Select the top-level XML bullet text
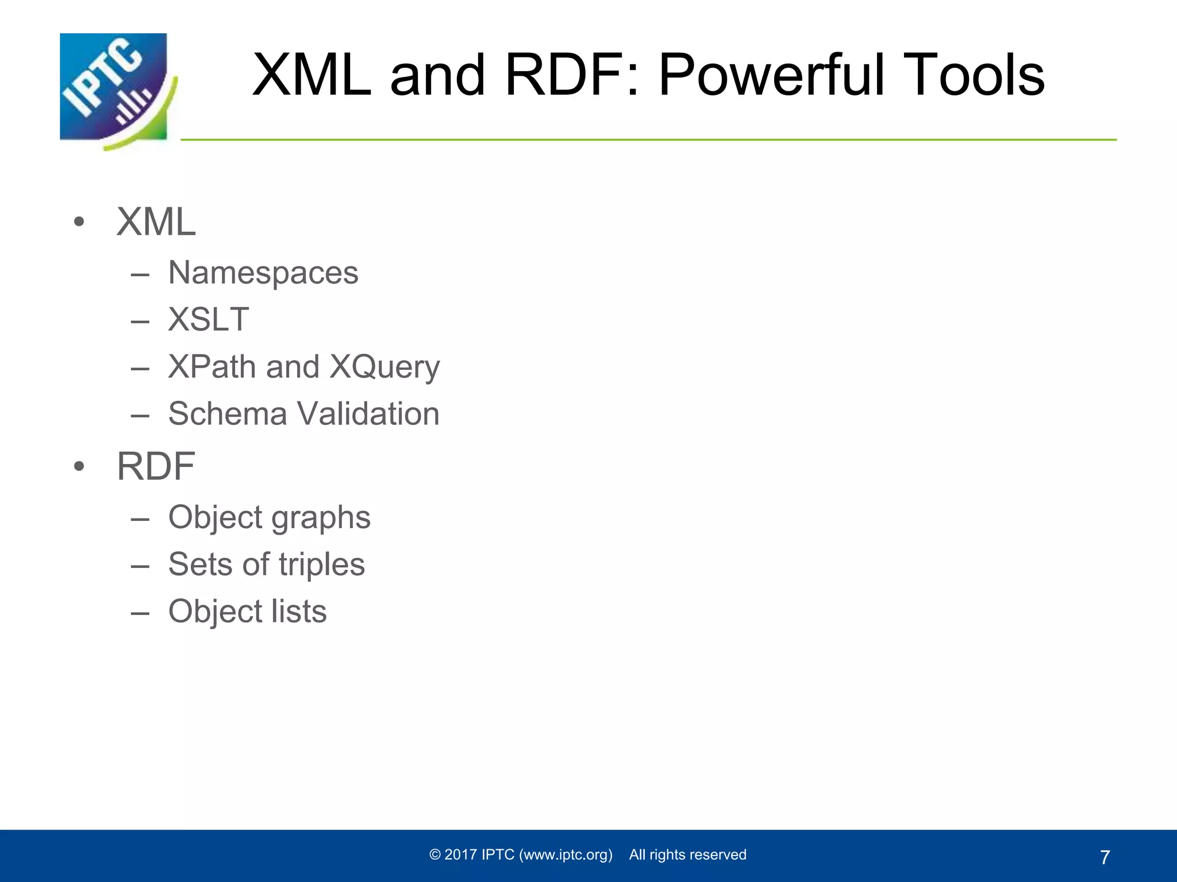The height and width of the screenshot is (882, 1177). tap(156, 222)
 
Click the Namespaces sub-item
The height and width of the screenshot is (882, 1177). tap(263, 273)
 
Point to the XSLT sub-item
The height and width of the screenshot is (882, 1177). tap(209, 319)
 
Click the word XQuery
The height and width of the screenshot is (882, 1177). tap(384, 367)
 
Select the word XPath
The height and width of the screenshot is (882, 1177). tap(211, 366)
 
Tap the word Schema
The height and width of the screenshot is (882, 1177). tap(227, 413)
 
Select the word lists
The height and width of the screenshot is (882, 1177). tap(298, 611)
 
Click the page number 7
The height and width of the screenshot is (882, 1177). tap(1104, 857)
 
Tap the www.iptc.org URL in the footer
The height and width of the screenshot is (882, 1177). tap(566, 854)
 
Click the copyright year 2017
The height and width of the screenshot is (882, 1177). tap(461, 854)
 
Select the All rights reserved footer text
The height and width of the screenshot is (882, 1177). tap(687, 854)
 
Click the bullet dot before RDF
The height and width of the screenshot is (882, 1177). tap(79, 466)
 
